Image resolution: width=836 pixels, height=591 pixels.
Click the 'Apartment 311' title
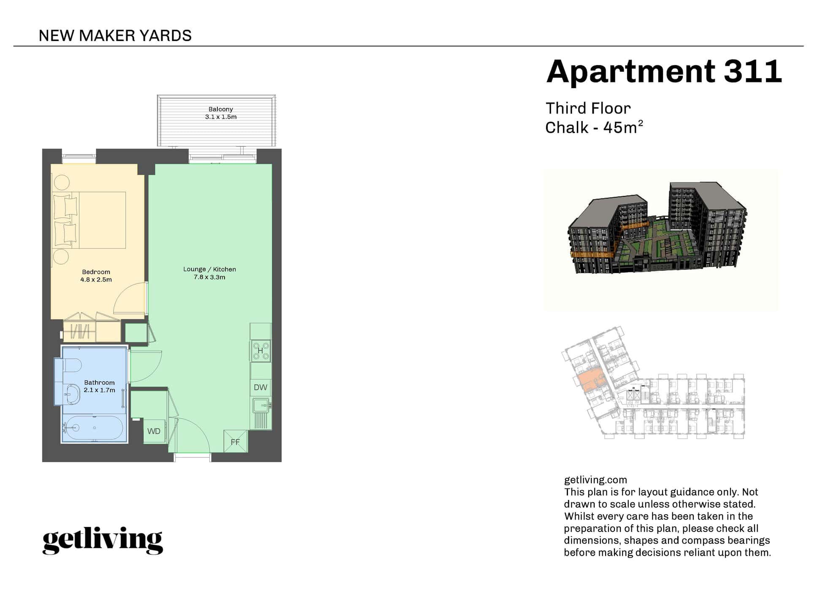click(x=664, y=71)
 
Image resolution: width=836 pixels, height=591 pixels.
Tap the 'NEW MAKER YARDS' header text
click(x=115, y=36)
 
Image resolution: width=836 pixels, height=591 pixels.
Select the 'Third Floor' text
click(x=588, y=108)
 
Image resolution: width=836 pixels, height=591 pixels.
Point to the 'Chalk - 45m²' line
click(x=594, y=127)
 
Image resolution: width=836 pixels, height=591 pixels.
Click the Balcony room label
click(x=221, y=109)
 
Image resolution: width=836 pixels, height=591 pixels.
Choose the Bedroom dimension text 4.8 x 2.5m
click(x=96, y=279)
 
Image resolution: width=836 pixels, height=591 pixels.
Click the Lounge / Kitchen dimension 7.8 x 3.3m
click(x=209, y=277)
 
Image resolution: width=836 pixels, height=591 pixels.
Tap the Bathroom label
click(x=99, y=382)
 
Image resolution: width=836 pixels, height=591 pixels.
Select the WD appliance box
click(x=154, y=431)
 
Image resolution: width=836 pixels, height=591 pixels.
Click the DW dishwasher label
click(x=260, y=387)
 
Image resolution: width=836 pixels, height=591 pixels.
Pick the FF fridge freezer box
click(x=235, y=441)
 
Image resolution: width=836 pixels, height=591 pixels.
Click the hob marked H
click(x=260, y=351)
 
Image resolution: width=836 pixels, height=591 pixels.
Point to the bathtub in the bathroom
click(x=93, y=428)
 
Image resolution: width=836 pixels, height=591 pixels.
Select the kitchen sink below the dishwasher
click(x=261, y=405)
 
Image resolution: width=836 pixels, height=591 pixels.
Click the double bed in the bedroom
click(x=89, y=220)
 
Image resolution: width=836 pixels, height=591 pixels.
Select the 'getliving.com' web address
click(x=595, y=480)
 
